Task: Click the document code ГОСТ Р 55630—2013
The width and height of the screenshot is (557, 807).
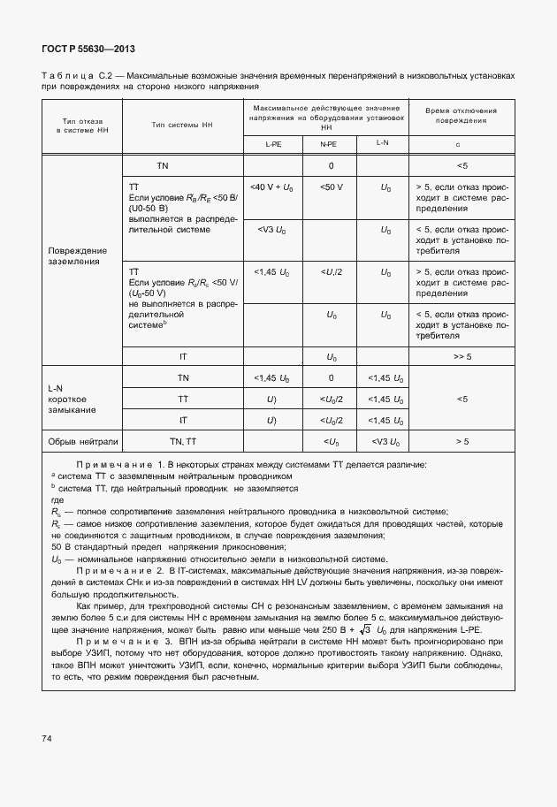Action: coord(88,49)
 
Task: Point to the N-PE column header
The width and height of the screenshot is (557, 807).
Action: coord(327,143)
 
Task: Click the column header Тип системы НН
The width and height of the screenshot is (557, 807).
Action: coord(181,126)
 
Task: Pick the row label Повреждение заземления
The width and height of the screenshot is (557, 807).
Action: coord(77,256)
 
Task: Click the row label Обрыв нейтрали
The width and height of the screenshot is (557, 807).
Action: coord(82,440)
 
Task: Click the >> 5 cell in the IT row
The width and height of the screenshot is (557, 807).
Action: coord(461,356)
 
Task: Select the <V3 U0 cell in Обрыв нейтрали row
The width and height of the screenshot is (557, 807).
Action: coord(385,440)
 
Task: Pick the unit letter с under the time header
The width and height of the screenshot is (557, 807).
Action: coord(458,143)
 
